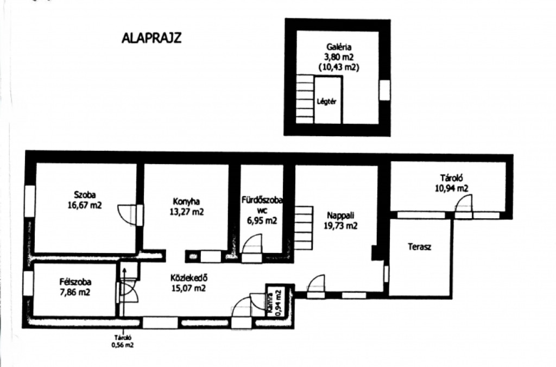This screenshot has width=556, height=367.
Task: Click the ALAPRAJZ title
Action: (x=151, y=37)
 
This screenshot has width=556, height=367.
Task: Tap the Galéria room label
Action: (x=339, y=47)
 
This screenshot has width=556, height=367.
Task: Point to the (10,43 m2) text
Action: (x=339, y=67)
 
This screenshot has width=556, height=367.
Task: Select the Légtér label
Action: (x=326, y=102)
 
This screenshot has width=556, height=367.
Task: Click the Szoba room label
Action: (x=85, y=195)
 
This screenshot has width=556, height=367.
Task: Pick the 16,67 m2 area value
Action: (x=85, y=205)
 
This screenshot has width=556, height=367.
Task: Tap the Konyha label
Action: (x=186, y=201)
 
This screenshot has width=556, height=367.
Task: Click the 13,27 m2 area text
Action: (x=187, y=212)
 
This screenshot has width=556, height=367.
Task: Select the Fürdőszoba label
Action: (x=262, y=200)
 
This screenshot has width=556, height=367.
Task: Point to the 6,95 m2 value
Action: (x=262, y=220)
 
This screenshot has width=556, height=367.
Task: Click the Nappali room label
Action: (x=340, y=215)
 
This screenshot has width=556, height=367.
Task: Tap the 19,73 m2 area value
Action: (x=340, y=225)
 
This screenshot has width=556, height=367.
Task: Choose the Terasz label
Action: (x=420, y=246)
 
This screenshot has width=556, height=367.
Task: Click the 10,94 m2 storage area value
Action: (x=451, y=188)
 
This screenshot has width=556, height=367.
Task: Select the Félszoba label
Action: (x=75, y=282)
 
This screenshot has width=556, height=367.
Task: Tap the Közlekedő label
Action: (x=188, y=277)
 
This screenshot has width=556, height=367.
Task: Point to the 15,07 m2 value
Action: (x=188, y=288)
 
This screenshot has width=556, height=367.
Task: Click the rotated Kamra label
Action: (x=271, y=302)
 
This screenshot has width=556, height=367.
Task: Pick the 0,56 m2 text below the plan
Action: (x=123, y=345)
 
